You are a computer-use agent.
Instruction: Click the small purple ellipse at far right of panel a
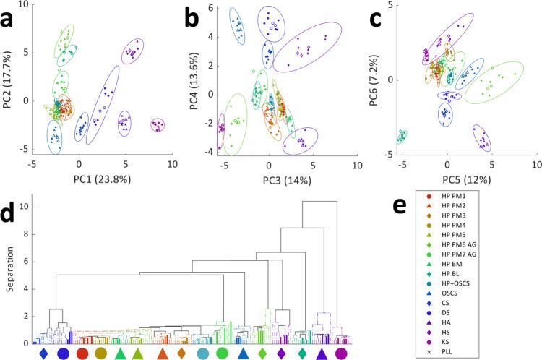pyautogui.click(x=158, y=126)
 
